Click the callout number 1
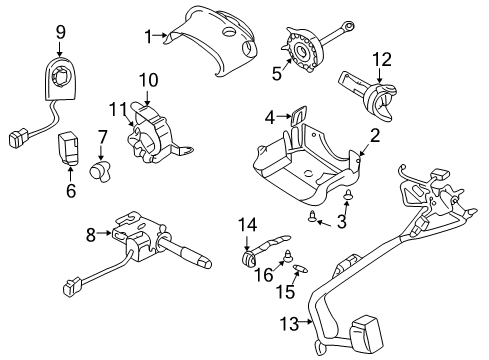click(148, 37)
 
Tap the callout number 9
click(60, 34)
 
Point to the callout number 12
click(379, 59)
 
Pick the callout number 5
click(277, 73)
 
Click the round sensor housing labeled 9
click(62, 76)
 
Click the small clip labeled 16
click(286, 257)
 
